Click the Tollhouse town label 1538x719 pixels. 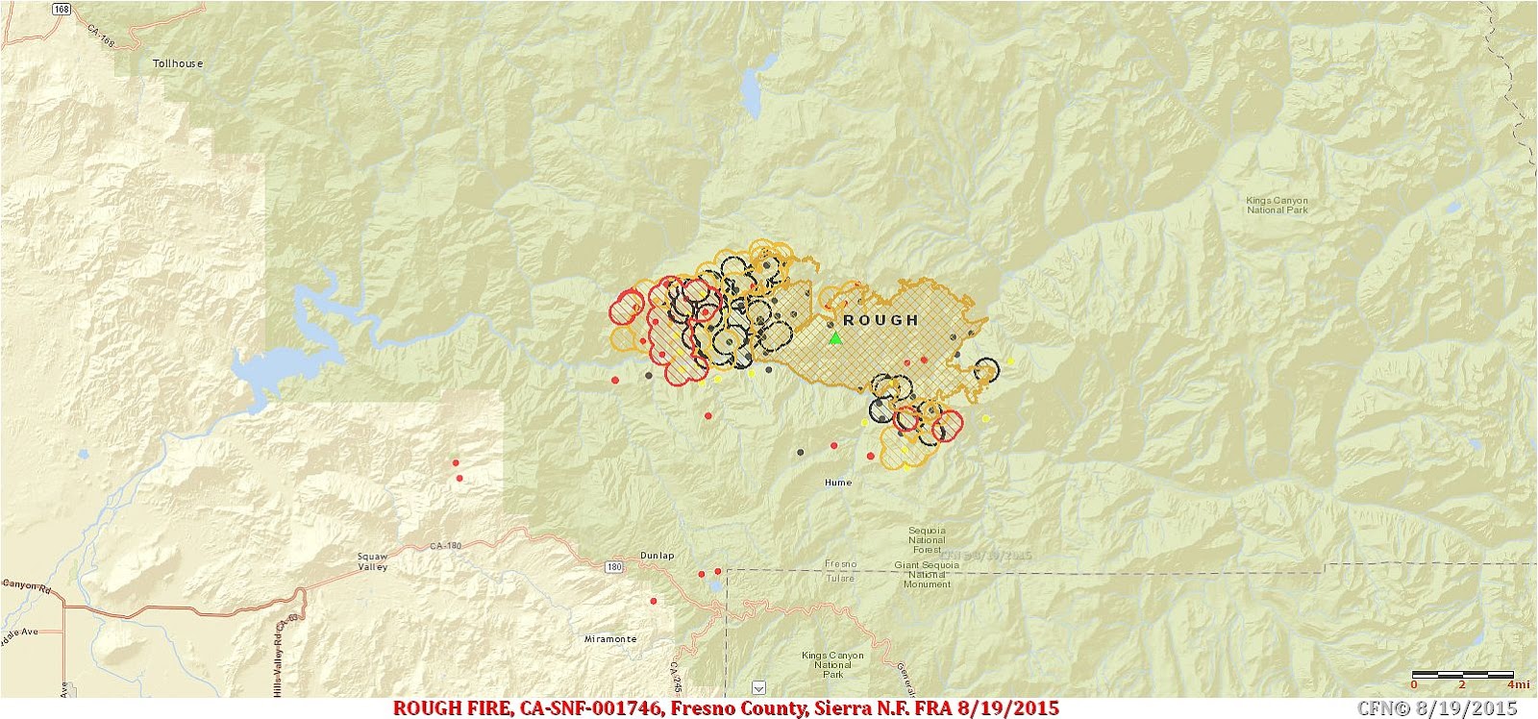pos(178,63)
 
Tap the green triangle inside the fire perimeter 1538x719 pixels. pos(835,338)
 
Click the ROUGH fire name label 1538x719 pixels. pos(880,320)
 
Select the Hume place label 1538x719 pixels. pos(837,483)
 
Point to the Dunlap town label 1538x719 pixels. pos(657,556)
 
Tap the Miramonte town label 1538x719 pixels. pos(610,639)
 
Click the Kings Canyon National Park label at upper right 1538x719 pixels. pos(1277,205)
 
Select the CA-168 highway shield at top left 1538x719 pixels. pos(62,9)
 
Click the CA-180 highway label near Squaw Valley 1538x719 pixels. pos(446,546)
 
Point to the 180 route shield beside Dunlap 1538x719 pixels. pos(614,567)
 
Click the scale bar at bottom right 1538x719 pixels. pos(1461,675)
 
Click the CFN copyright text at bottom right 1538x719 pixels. pos(1436,708)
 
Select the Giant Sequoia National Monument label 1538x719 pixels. pos(927,575)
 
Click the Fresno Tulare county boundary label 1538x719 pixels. pos(839,571)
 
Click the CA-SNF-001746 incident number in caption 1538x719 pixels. pos(587,708)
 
